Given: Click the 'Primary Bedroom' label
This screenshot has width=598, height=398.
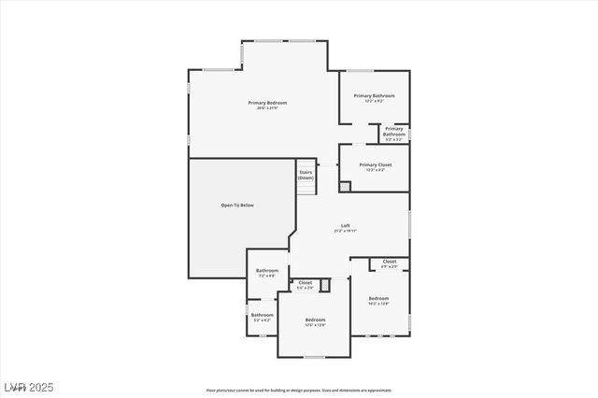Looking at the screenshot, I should (267, 102).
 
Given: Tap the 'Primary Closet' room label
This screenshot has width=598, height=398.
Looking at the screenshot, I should (375, 164).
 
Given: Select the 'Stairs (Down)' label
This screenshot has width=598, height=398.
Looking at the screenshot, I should (306, 175).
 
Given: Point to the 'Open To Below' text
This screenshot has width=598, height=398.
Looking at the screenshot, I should (237, 205).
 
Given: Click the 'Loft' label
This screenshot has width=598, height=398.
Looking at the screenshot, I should (345, 225).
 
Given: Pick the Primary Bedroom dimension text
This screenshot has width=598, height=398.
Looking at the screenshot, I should (267, 108).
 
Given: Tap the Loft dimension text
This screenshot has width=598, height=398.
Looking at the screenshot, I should (345, 231).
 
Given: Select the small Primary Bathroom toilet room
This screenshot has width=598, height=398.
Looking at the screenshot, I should (394, 134).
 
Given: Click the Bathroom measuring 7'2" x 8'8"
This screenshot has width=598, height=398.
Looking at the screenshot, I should (267, 272).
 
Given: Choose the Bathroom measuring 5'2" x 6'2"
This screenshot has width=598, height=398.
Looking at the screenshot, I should (262, 317).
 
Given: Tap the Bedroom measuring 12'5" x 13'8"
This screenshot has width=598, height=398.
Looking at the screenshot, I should (316, 322).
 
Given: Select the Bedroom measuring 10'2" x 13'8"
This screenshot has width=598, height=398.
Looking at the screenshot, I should (378, 300).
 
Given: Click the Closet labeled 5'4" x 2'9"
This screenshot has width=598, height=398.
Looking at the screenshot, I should (306, 284).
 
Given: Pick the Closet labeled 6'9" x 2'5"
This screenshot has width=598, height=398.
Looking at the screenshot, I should (389, 263).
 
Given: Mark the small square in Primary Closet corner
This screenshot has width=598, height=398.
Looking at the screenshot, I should (345, 186).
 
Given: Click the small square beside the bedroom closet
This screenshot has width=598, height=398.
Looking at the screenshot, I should (325, 285).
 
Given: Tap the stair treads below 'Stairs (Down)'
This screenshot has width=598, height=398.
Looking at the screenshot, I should (306, 188).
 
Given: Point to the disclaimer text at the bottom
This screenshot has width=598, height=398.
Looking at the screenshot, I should (299, 391).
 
